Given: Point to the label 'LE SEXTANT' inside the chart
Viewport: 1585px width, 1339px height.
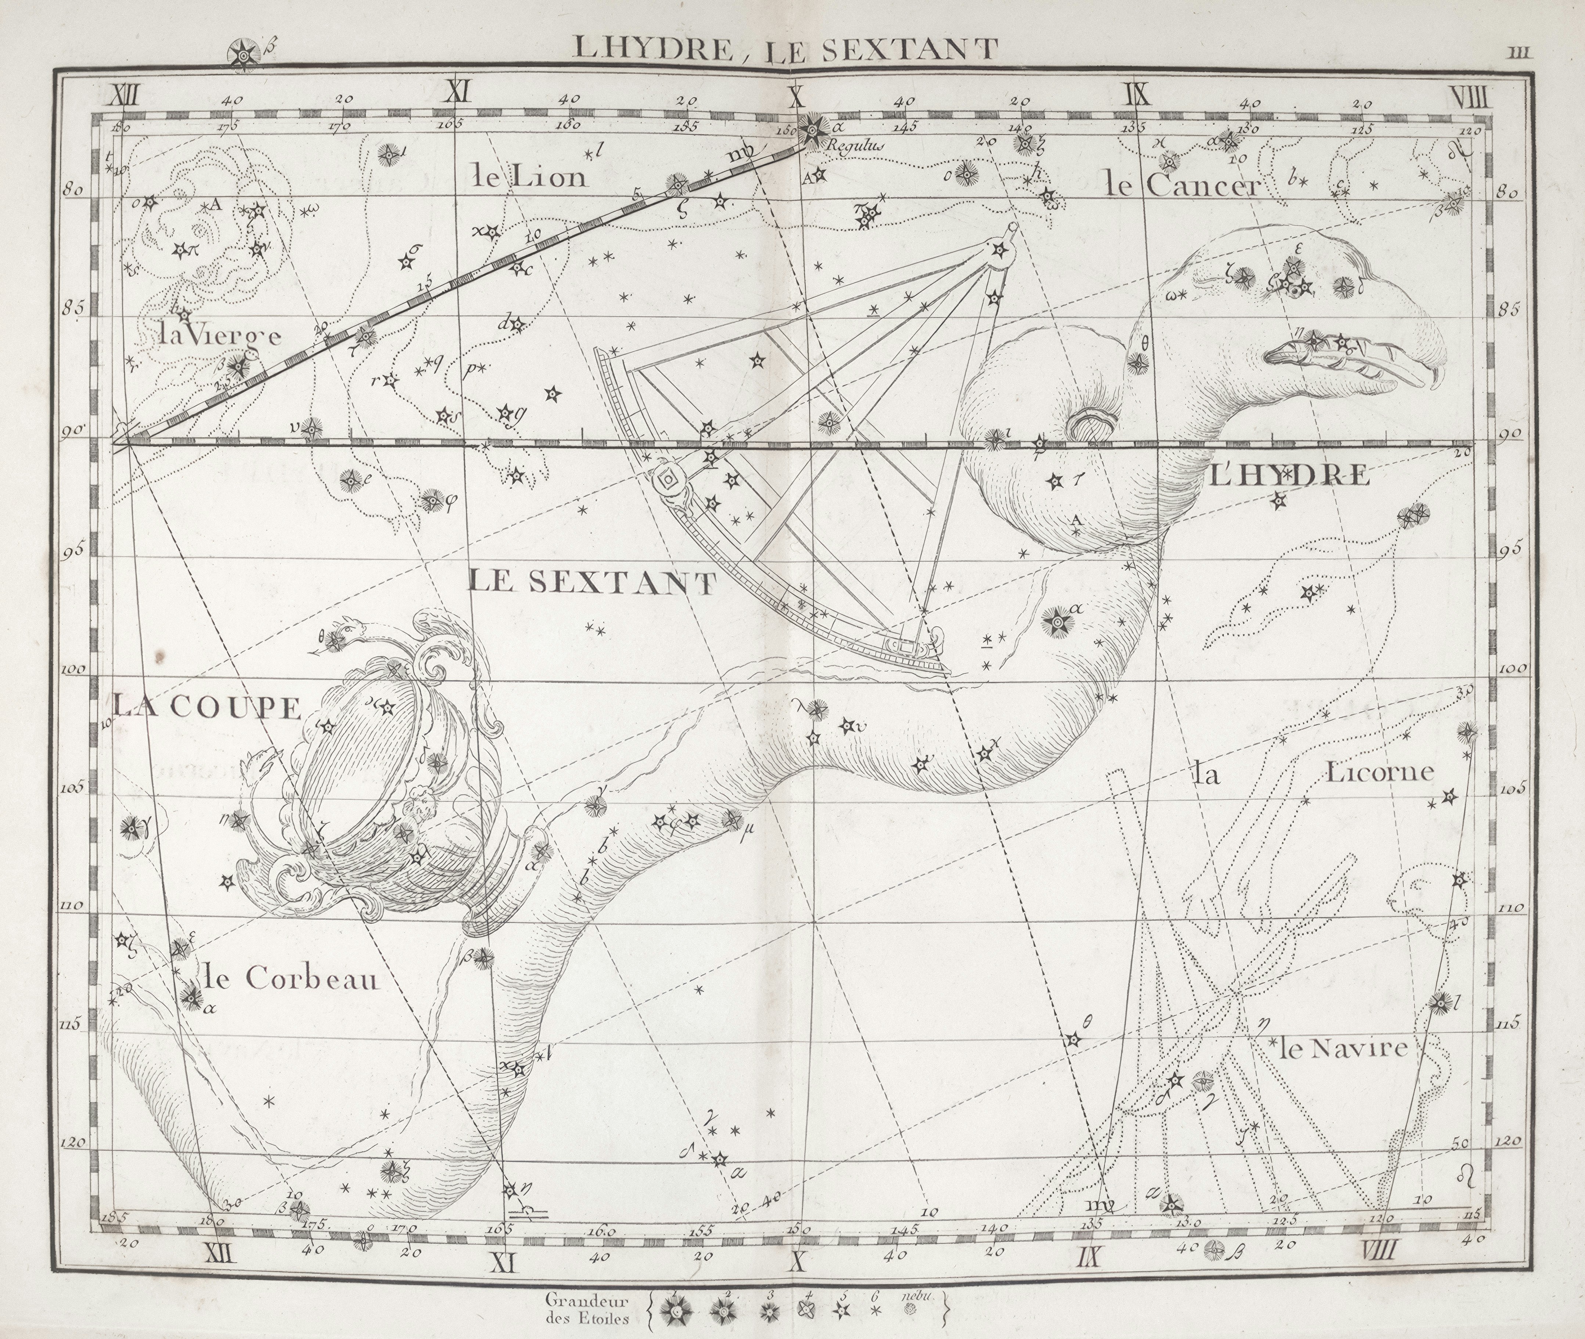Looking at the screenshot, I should click(592, 582).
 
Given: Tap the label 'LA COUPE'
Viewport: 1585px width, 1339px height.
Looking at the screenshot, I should click(207, 707).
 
